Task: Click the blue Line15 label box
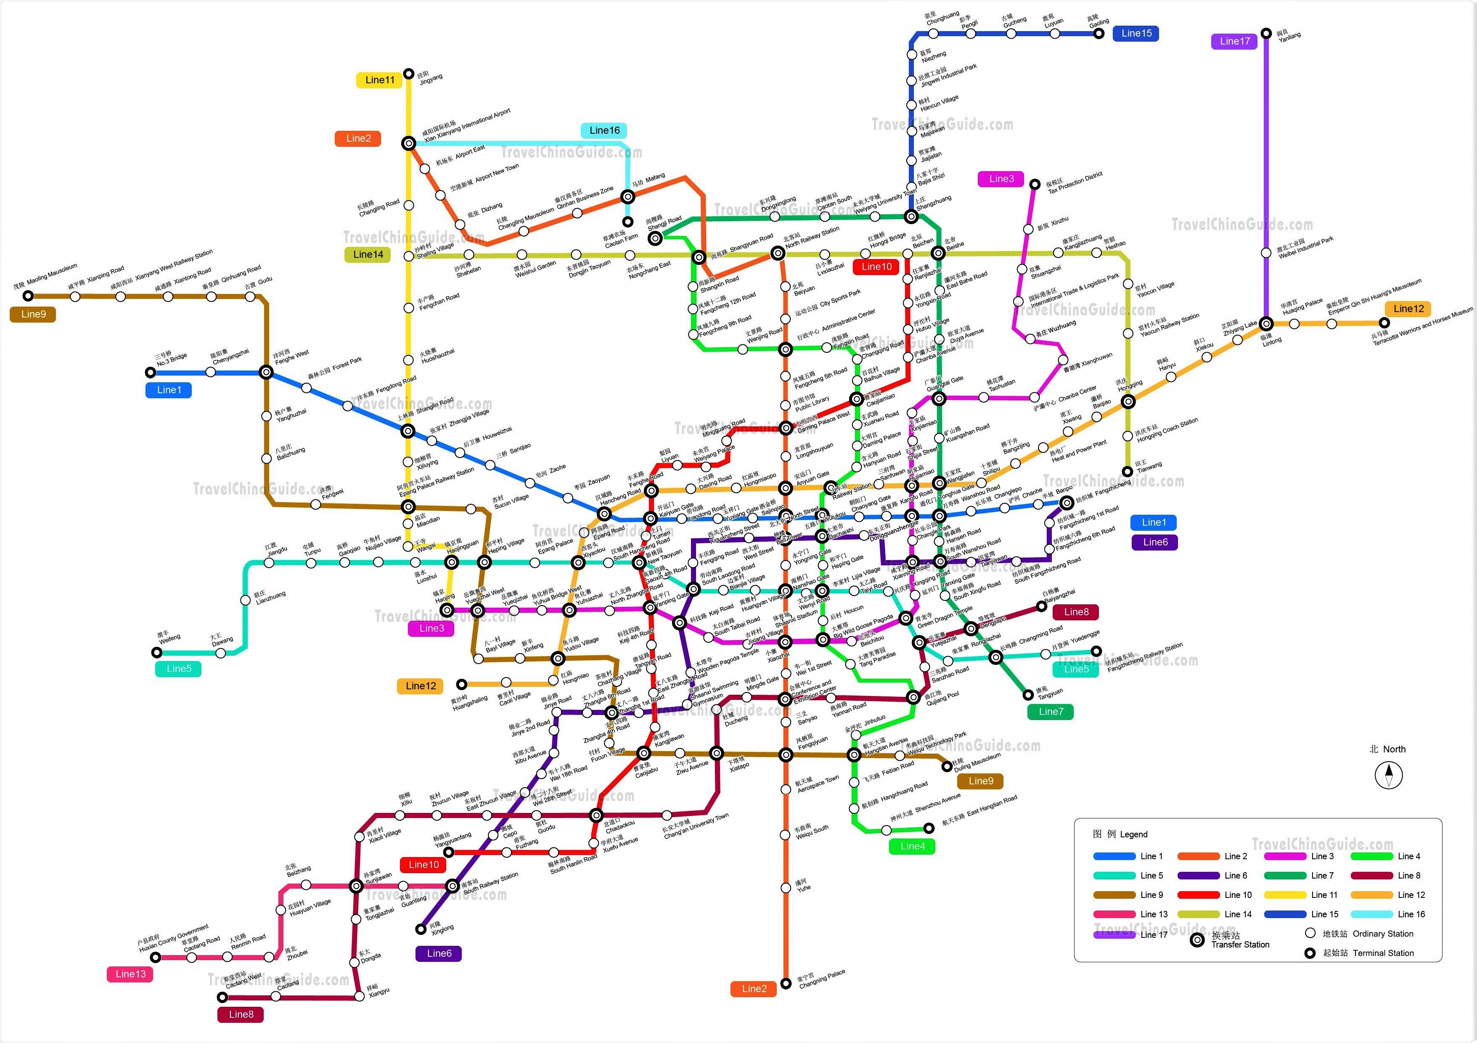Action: (x=1136, y=34)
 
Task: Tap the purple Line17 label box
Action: (x=1234, y=41)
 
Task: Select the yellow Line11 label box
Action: (x=379, y=80)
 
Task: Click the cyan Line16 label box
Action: (x=604, y=131)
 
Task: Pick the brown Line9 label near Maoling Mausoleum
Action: (x=34, y=314)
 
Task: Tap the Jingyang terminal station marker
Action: (x=408, y=74)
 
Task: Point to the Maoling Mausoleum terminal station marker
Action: (x=28, y=296)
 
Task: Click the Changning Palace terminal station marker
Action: (x=786, y=983)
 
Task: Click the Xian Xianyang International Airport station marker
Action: (x=408, y=143)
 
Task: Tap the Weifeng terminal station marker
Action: (x=156, y=652)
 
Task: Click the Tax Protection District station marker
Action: (x=1035, y=185)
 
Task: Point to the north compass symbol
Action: (x=1388, y=775)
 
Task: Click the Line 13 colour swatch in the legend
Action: (x=1114, y=914)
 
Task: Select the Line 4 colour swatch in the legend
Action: (x=1371, y=856)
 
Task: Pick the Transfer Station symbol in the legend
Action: (x=1197, y=940)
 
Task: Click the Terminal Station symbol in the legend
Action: (x=1310, y=953)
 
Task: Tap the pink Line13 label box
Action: (x=131, y=974)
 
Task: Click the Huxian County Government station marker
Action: (x=155, y=958)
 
